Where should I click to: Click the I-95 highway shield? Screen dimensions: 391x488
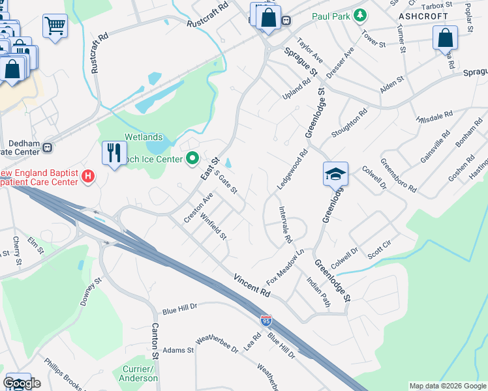tap(266, 321)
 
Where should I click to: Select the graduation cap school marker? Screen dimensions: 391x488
tap(335, 174)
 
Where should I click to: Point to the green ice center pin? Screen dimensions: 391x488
tap(192, 158)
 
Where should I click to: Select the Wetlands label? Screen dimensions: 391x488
tap(144, 137)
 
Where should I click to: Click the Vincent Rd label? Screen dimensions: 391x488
tap(251, 285)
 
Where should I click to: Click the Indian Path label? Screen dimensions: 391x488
tap(319, 291)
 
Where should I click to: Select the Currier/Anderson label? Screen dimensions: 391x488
tap(138, 373)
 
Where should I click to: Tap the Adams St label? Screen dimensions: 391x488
tap(179, 350)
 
